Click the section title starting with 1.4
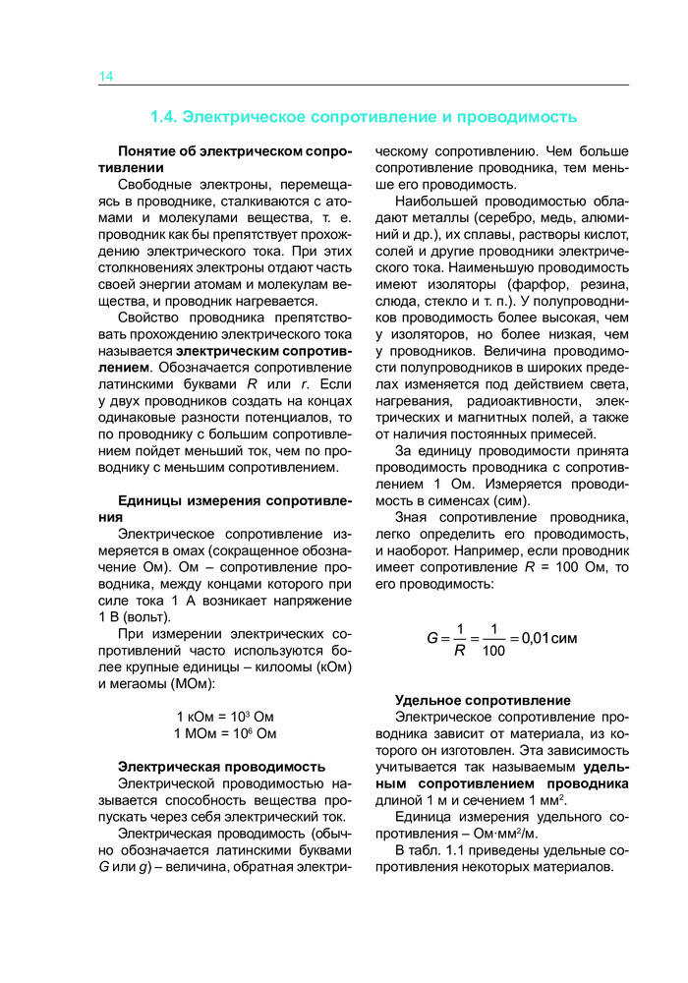point(363,117)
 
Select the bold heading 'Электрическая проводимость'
point(221,766)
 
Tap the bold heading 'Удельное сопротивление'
point(483,700)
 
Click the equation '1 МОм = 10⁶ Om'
point(225,733)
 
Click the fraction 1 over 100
point(496,639)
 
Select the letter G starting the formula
point(431,638)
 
